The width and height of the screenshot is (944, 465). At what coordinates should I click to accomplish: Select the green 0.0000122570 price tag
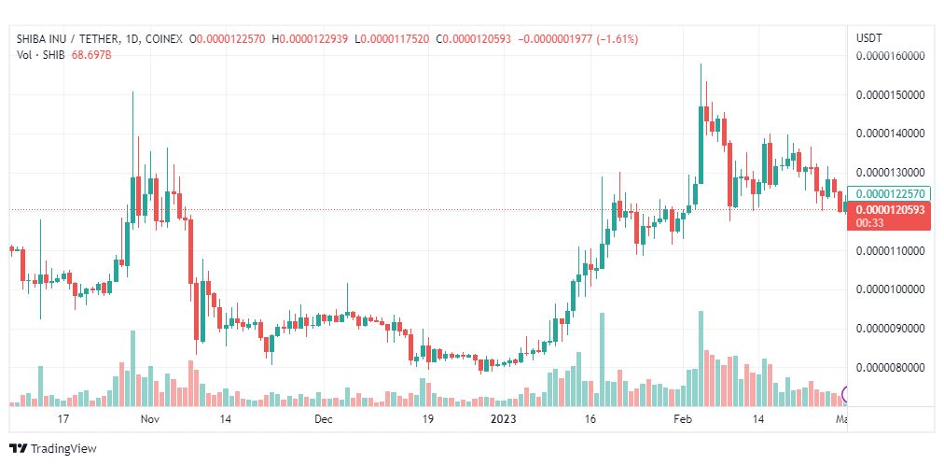pos(890,193)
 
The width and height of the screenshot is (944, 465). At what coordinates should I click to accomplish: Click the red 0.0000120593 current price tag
pos(890,210)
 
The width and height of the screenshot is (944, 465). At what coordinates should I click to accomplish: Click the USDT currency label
pos(868,37)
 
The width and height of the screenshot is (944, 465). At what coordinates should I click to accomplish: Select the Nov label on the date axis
pos(149,420)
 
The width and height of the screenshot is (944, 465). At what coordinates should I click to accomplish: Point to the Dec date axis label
pos(323,420)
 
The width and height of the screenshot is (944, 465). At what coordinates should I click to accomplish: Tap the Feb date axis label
pos(683,420)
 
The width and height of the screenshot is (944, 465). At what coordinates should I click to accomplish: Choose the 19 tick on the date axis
pos(427,420)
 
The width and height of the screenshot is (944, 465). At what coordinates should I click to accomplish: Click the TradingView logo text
pos(62,448)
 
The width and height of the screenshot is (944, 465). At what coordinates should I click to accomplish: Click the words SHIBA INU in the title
pos(42,39)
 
